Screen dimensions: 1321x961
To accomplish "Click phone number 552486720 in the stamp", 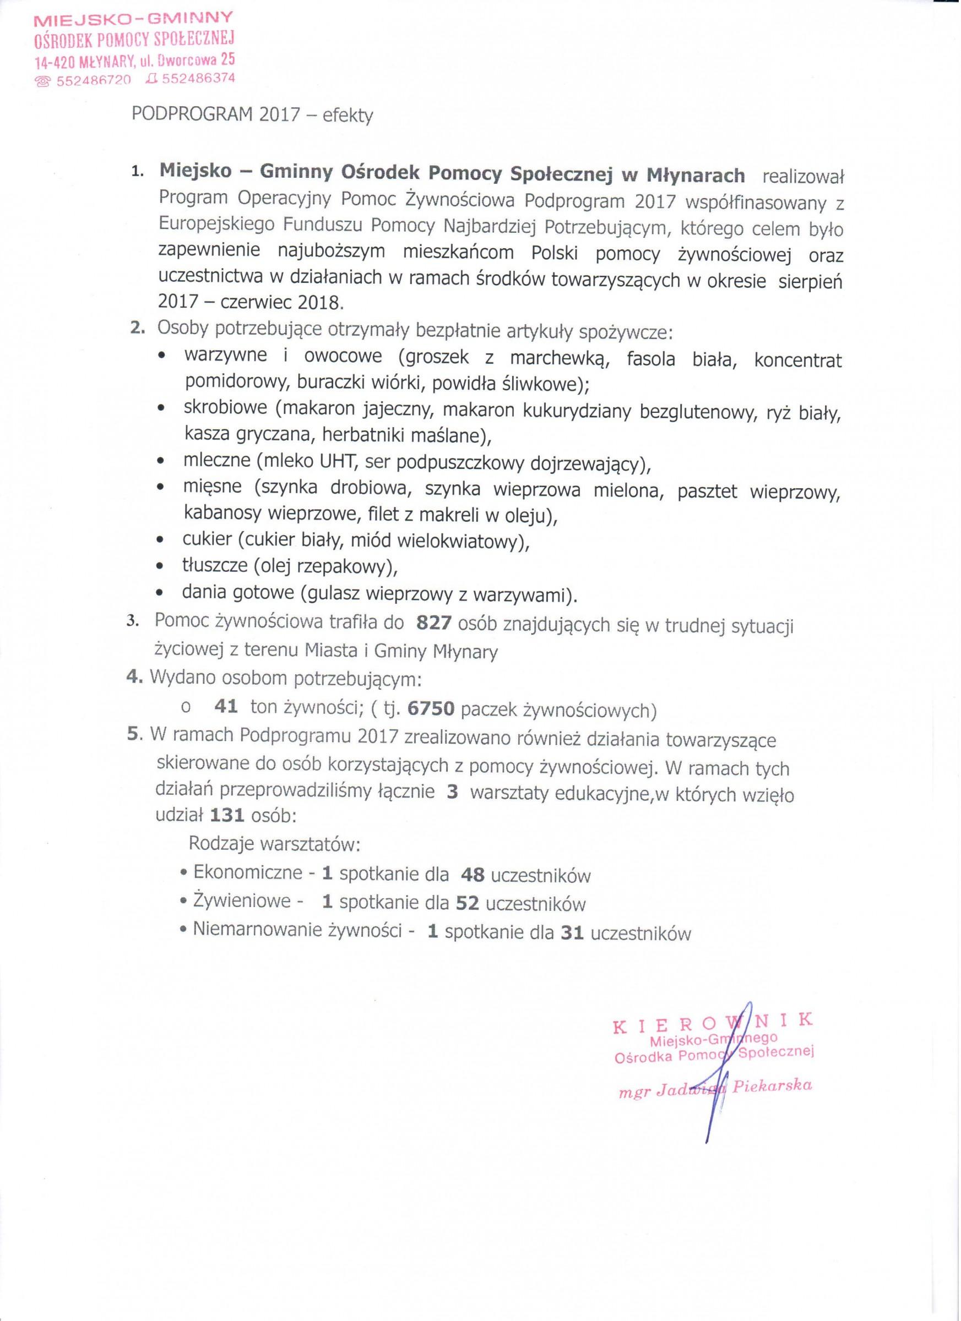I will coord(93,80).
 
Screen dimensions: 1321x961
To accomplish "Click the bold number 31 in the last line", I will coord(572,933).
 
